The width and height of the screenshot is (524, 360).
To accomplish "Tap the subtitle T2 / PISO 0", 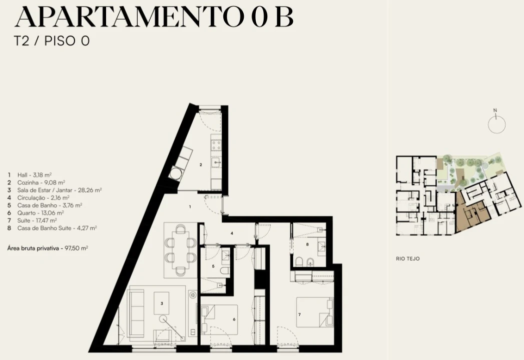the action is tap(52, 41).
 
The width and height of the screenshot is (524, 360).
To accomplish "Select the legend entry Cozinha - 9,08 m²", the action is tap(36, 182).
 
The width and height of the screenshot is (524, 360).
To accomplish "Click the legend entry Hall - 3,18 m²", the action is tap(30, 174).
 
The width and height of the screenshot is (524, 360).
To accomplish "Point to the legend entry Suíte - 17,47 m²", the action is tap(32, 220).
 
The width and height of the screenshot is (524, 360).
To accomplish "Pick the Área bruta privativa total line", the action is tap(48, 248).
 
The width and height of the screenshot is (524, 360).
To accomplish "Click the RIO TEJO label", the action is tap(408, 258).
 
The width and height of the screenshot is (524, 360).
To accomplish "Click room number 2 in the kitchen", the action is tap(201, 164).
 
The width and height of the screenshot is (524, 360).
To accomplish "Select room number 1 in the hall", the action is tap(190, 207).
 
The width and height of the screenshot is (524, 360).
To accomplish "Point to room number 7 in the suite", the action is tap(299, 314).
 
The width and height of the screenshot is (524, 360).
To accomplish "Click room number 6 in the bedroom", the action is tap(234, 319).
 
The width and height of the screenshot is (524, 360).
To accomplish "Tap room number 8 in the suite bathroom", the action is tap(307, 244).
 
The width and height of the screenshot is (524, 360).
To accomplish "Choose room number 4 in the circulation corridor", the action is tap(232, 233).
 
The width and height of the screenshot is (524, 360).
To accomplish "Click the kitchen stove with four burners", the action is tap(216, 145).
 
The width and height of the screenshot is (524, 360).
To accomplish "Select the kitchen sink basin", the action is tap(216, 163).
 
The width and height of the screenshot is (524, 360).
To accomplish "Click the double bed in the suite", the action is tap(315, 312).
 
